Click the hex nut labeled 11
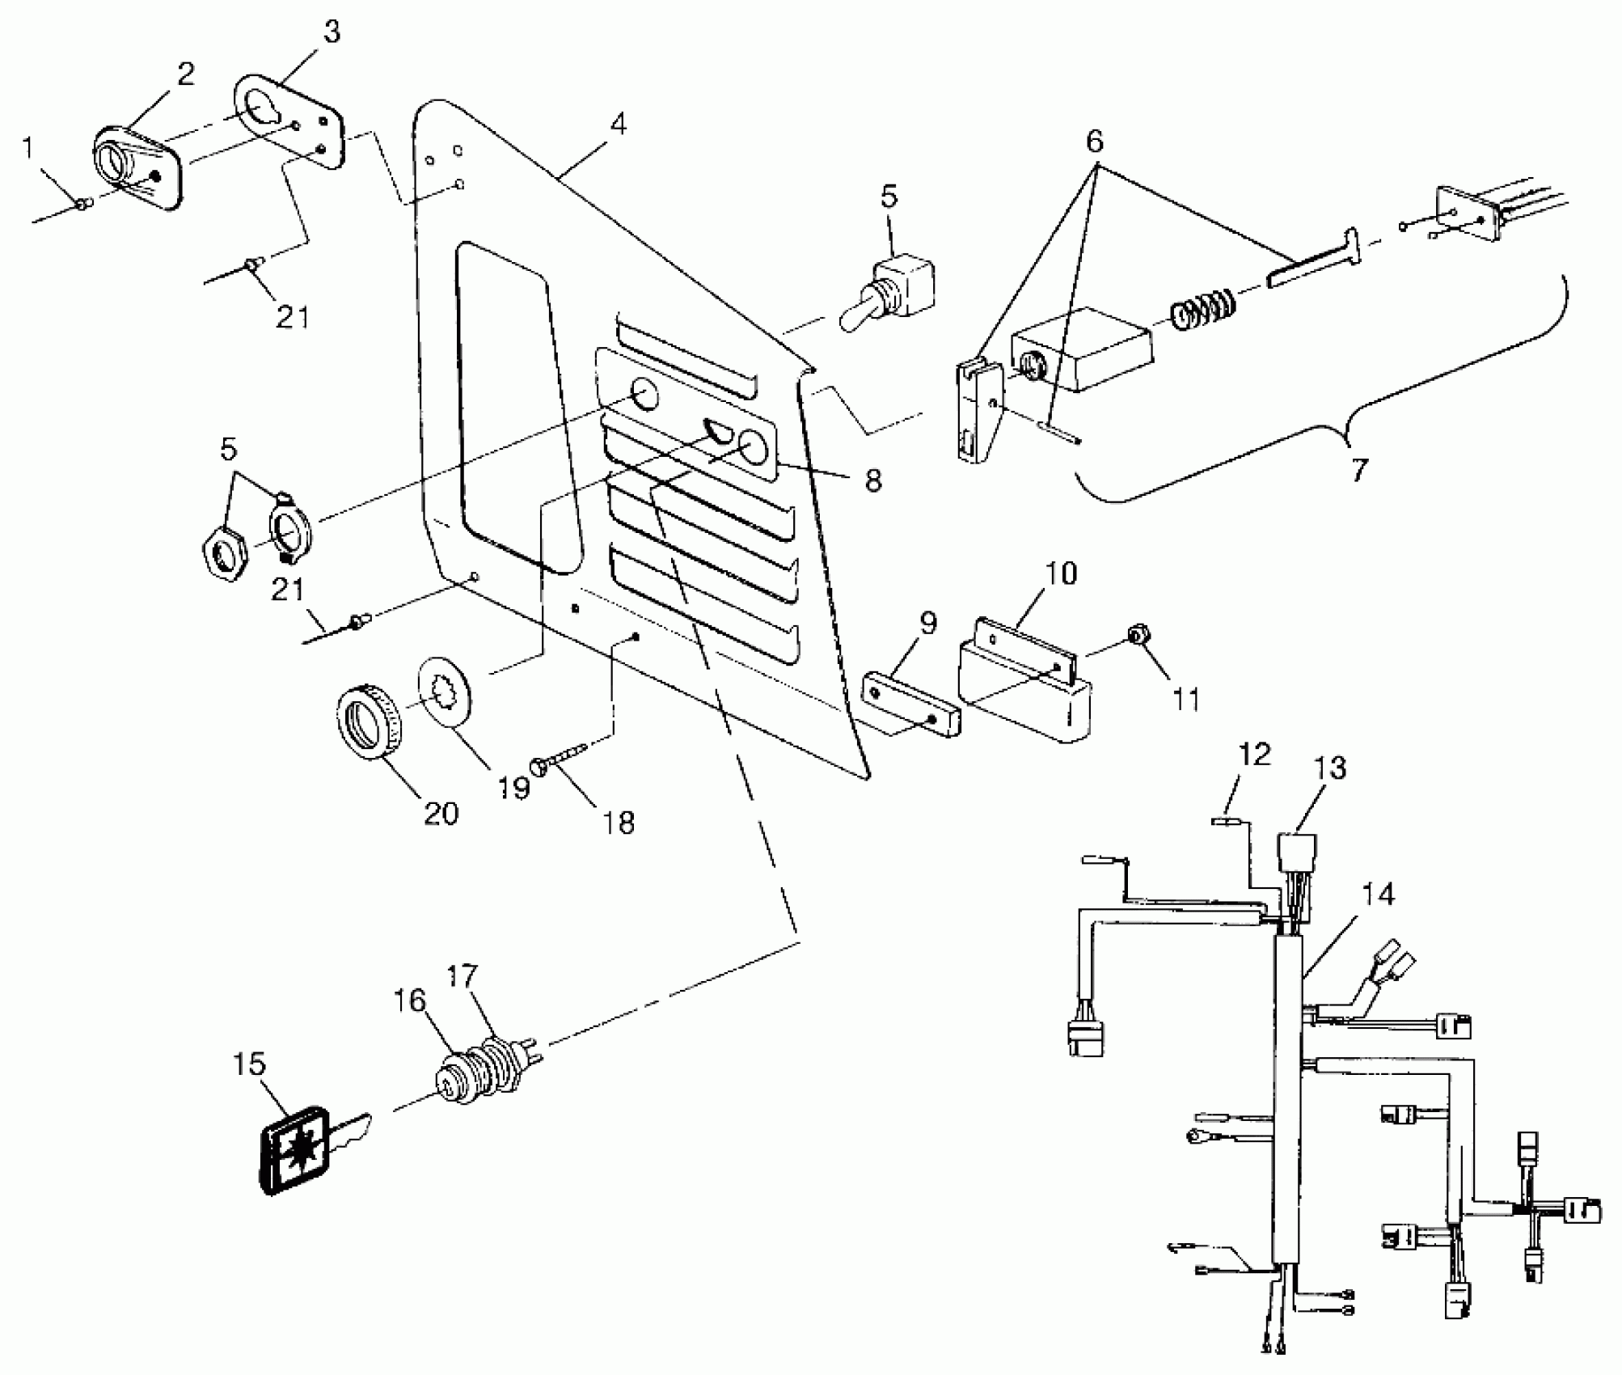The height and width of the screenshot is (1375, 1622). [1138, 637]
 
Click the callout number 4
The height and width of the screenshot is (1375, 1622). [619, 124]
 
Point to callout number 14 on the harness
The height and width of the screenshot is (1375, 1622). [1376, 895]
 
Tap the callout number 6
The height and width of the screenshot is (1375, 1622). [1094, 142]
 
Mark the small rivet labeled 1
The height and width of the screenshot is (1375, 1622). [82, 206]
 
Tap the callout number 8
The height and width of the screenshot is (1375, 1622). [872, 480]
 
